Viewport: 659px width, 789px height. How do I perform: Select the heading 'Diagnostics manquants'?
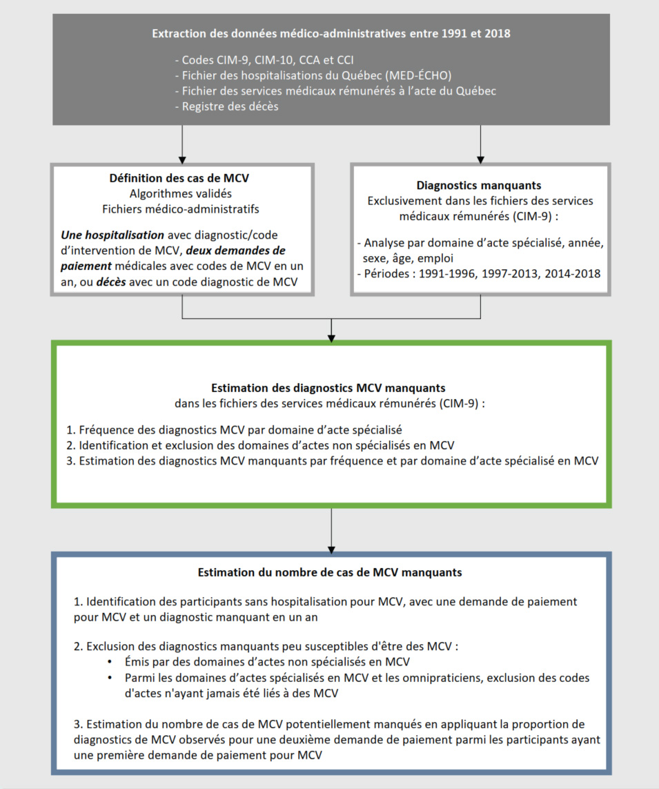coord(480,186)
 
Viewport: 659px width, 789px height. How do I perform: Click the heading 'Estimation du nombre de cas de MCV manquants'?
coord(330,572)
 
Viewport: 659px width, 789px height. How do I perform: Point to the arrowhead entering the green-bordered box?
coord(331,338)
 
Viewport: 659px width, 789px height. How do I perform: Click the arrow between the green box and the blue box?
coord(331,529)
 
